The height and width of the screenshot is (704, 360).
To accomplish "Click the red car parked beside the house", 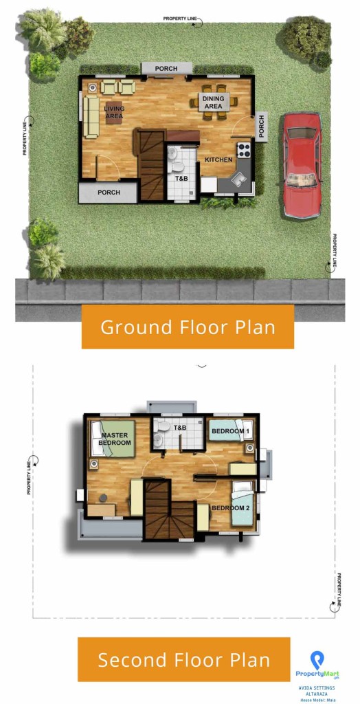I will coord(302,165).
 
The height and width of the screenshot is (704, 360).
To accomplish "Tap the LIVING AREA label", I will coord(113,112).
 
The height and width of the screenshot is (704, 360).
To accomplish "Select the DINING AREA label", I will coord(214,102).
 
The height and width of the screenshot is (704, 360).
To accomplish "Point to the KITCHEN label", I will coord(218,159).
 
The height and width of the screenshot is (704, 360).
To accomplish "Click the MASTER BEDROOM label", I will coord(115,439).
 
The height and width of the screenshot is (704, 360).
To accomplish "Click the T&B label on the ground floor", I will coord(181,179).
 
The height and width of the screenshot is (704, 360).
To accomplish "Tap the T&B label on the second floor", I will coord(179,428).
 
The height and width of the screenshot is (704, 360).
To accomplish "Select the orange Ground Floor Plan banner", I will coord(188,327).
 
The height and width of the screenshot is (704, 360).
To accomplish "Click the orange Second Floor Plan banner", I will coord(183,660).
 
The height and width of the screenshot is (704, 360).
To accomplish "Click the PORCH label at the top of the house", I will coord(166,69).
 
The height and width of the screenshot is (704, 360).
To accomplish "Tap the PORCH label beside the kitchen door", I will coord(261,126).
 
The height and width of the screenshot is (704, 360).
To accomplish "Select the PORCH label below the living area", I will coord(108,192).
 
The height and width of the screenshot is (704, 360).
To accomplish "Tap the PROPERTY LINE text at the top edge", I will coord(180,19).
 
